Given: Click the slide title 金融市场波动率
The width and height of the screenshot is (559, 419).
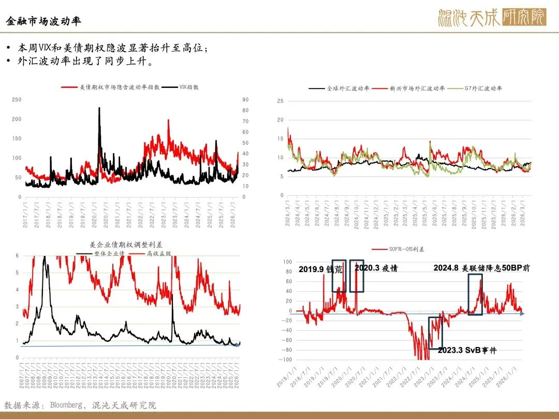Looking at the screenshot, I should [x=43, y=22].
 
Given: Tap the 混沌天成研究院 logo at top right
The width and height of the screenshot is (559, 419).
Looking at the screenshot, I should [x=492, y=18].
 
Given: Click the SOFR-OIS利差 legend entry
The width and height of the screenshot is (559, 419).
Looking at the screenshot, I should [x=409, y=249].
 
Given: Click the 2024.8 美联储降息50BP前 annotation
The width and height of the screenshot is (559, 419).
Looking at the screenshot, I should [x=481, y=268].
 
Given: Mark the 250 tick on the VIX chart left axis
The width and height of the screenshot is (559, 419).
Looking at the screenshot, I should [x=17, y=100].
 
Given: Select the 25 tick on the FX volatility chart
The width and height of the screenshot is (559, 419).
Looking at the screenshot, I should [x=280, y=101].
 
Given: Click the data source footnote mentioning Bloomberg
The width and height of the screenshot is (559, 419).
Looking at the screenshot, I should [x=80, y=405].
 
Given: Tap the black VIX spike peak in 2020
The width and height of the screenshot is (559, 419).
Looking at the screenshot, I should [x=99, y=108].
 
